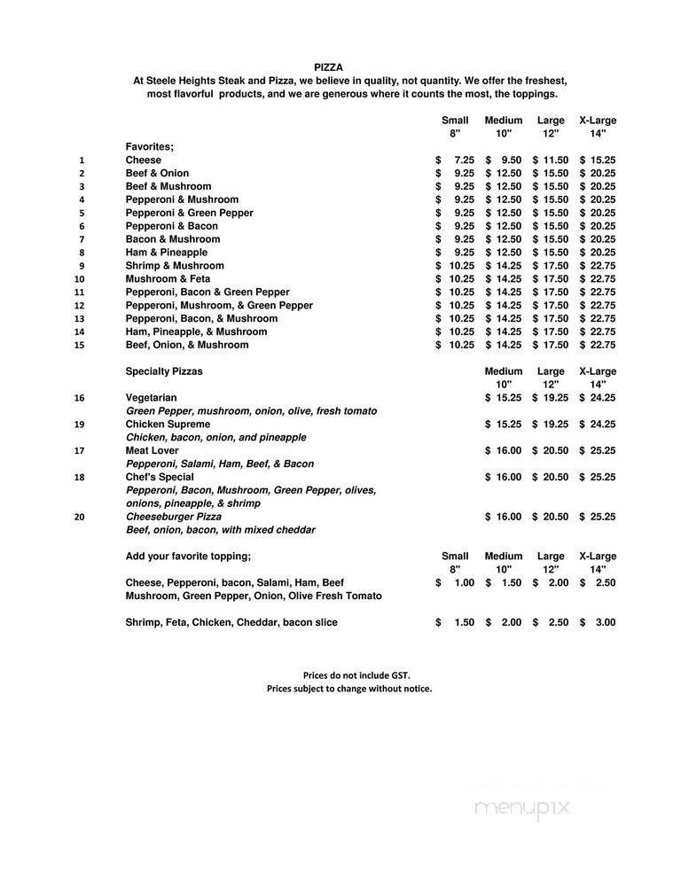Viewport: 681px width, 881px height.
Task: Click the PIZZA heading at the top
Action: tap(328, 66)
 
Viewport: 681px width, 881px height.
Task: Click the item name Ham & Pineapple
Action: tap(167, 253)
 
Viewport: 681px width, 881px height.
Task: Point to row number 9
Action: tap(82, 266)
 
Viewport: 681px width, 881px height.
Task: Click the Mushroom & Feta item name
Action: tap(168, 279)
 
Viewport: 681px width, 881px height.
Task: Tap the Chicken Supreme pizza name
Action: tap(168, 425)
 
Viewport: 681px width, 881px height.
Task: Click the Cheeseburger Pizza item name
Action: tap(174, 517)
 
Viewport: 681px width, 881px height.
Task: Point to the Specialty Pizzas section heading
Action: tap(164, 371)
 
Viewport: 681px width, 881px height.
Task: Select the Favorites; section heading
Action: tap(150, 146)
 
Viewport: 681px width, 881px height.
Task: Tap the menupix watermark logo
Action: tap(521, 808)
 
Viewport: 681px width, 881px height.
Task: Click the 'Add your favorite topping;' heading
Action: tap(188, 557)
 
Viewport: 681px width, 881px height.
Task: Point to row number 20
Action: tap(80, 517)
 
